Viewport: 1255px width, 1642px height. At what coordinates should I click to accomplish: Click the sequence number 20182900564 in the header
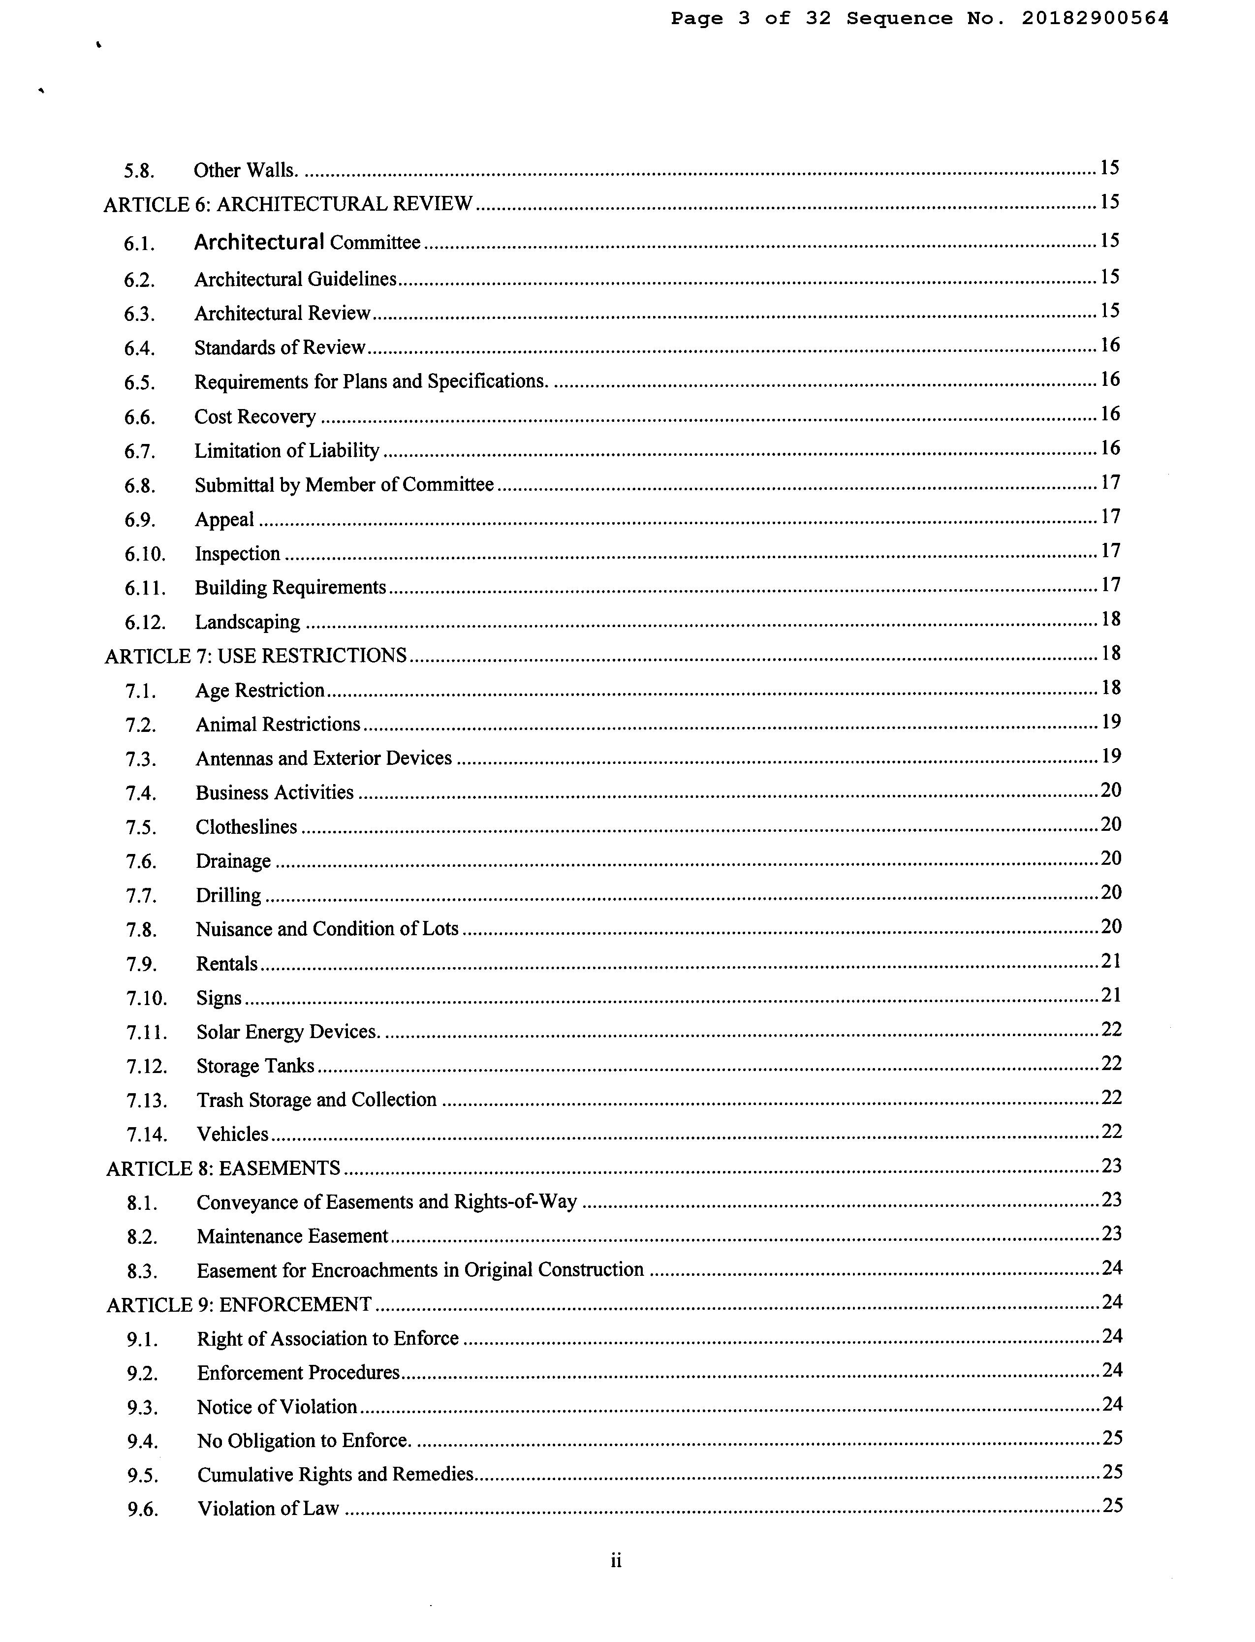[x=1095, y=19]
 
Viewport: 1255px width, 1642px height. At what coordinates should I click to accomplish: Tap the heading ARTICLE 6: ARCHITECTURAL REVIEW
[x=288, y=204]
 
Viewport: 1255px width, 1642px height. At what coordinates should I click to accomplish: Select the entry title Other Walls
[x=246, y=170]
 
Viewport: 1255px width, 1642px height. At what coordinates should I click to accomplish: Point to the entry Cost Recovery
[x=255, y=417]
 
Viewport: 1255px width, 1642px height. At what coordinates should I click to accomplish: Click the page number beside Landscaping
[x=1111, y=619]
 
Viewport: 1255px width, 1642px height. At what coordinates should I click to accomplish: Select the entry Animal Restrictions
[x=278, y=725]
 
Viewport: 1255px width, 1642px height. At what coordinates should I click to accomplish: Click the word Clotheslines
[x=247, y=827]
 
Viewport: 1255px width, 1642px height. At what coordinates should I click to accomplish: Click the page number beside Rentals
[x=1111, y=961]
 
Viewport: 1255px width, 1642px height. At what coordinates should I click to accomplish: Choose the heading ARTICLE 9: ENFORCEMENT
[x=239, y=1305]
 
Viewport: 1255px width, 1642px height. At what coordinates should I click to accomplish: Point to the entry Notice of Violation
[x=277, y=1407]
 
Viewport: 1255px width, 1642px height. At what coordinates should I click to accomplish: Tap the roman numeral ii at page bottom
[x=616, y=1561]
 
